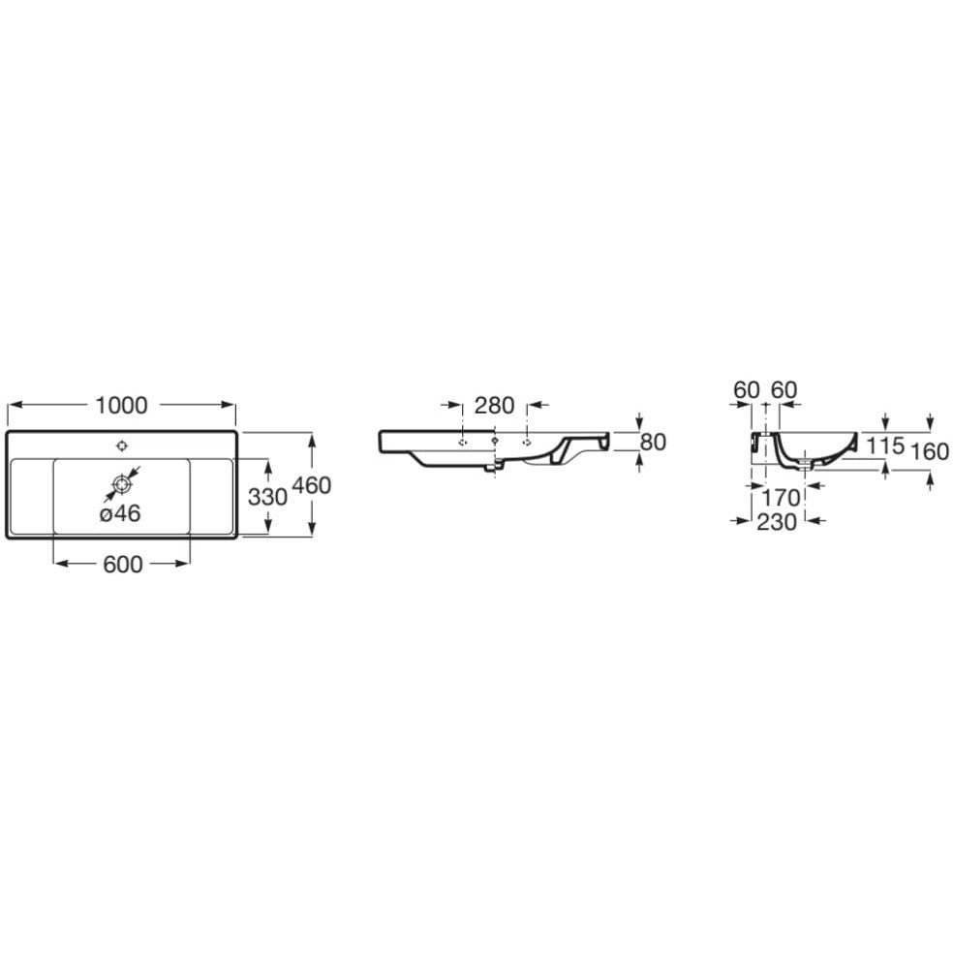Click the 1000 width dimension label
pyautogui.click(x=122, y=406)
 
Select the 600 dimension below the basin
pyautogui.click(x=123, y=565)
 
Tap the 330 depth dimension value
pyautogui.click(x=267, y=497)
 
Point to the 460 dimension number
pyautogui.click(x=312, y=485)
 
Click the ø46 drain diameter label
pyautogui.click(x=120, y=513)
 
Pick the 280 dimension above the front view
pyautogui.click(x=495, y=406)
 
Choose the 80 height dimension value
pyautogui.click(x=654, y=443)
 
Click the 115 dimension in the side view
pyautogui.click(x=885, y=446)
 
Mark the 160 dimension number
pyautogui.click(x=930, y=451)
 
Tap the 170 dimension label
pyautogui.click(x=781, y=499)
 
